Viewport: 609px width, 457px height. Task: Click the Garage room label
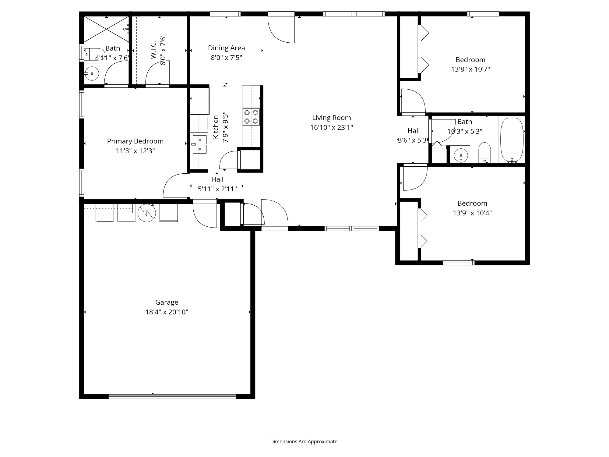tap(167, 302)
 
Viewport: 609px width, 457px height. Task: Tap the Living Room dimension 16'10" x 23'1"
tap(331, 127)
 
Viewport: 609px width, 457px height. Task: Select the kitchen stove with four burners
tap(251, 117)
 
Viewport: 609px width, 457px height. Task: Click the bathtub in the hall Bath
tap(512, 140)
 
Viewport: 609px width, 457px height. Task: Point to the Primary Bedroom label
tap(135, 141)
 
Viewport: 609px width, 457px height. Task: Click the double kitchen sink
tap(199, 144)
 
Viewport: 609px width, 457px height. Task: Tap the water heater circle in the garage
tap(147, 213)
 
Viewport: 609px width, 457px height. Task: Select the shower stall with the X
tap(106, 29)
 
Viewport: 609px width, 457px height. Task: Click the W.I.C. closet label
tap(153, 50)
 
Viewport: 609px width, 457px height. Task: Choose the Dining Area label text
tap(226, 48)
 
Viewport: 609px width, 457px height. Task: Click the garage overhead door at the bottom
tap(172, 396)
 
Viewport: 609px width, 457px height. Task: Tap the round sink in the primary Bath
tap(92, 73)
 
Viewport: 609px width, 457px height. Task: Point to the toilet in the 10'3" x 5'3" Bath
tap(485, 152)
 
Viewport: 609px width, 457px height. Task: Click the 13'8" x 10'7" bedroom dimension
tap(470, 69)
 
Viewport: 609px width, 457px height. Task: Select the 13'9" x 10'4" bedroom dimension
tap(472, 213)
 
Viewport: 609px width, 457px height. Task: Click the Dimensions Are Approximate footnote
tap(304, 441)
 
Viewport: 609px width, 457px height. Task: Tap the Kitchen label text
tap(216, 127)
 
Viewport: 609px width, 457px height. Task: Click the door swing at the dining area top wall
tap(282, 29)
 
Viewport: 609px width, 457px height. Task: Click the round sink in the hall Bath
tap(461, 155)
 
